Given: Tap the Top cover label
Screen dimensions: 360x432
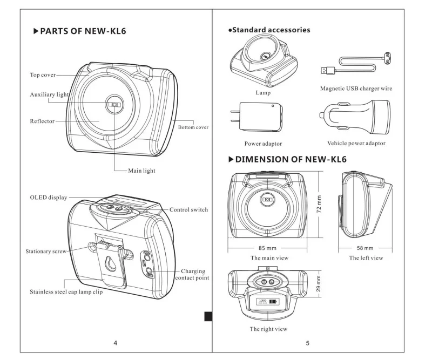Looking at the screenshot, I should click(42, 75).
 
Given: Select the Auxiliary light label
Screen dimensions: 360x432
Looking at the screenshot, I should click(49, 94).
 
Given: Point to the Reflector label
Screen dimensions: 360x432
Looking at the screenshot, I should click(42, 121).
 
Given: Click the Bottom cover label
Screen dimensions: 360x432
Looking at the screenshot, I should click(193, 127).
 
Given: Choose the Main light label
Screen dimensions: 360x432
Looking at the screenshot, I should click(142, 170).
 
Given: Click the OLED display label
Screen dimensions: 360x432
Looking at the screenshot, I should click(49, 198).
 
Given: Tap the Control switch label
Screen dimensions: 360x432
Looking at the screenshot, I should click(188, 209).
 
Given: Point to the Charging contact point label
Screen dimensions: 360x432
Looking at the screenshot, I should click(192, 274).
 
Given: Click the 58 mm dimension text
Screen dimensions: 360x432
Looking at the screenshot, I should click(366, 248).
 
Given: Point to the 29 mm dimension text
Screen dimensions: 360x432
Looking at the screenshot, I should click(319, 283).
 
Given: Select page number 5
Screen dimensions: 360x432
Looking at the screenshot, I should click(307, 342).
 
